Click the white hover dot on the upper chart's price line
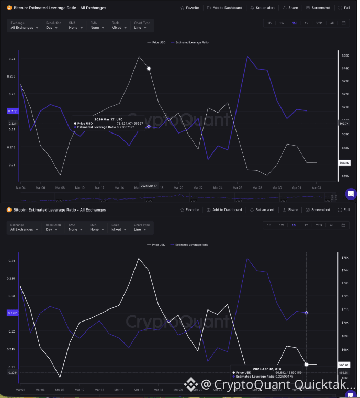tap(149, 68)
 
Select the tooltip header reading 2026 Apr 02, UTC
tap(268, 369)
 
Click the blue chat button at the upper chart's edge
tap(351, 194)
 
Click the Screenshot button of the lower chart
tap(318, 210)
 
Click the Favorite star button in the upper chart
tap(189, 8)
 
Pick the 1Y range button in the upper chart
tap(306, 23)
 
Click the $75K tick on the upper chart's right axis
tap(345, 55)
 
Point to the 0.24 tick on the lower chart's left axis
tap(13, 261)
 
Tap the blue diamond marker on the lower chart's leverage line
tap(306, 313)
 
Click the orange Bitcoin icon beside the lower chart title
tap(9, 210)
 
